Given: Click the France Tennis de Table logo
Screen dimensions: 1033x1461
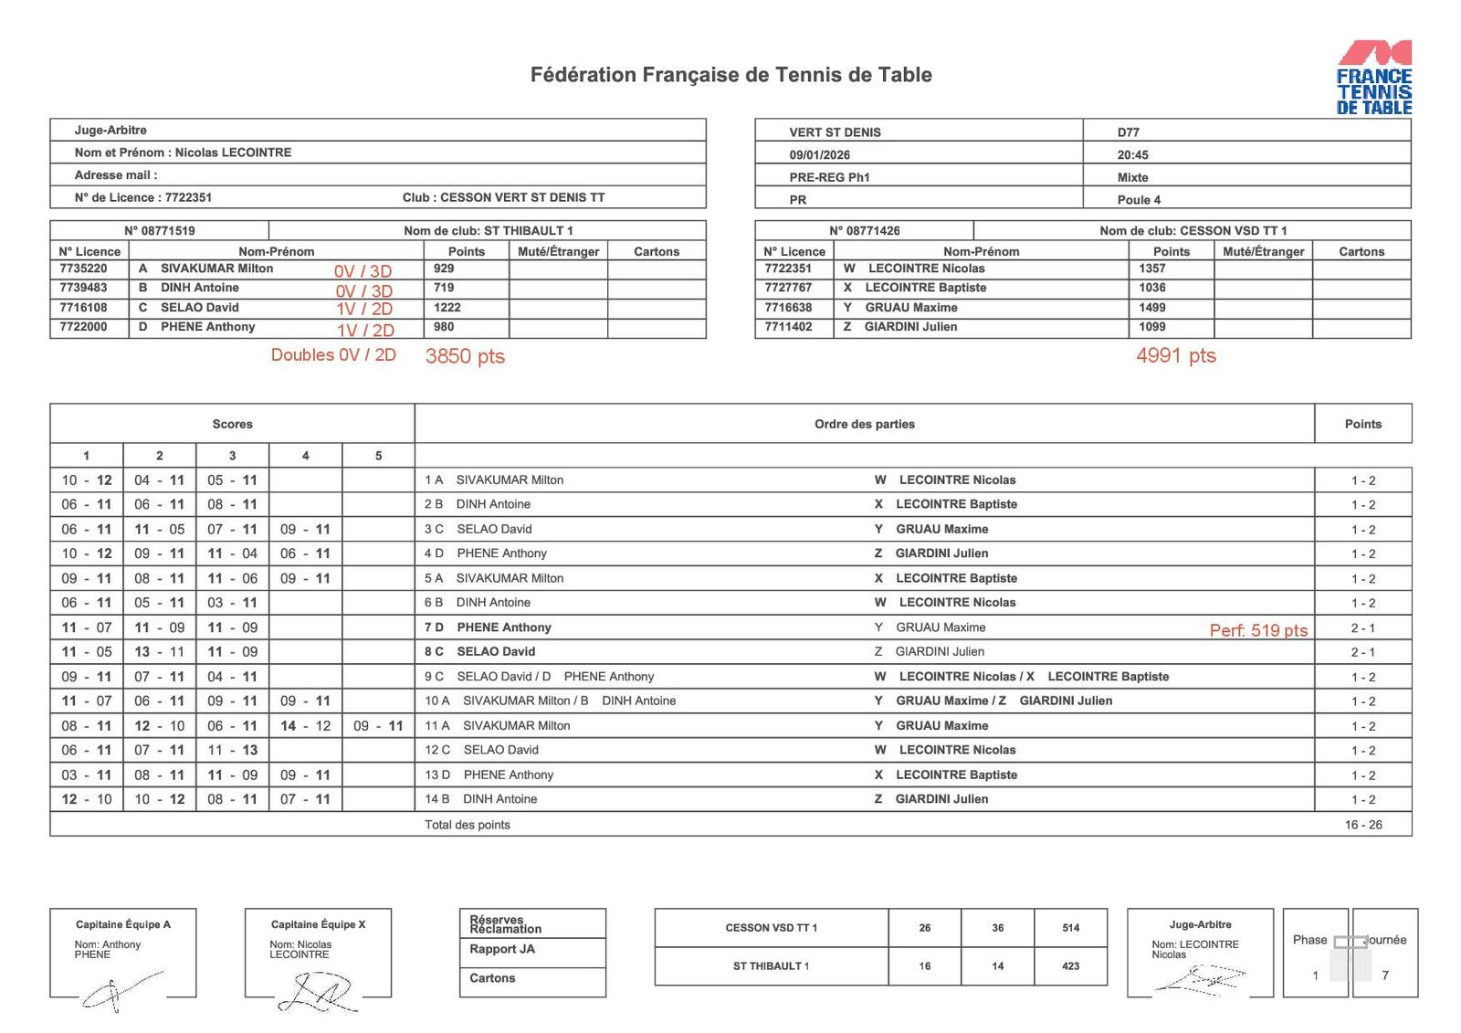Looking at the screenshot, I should pos(1373,78).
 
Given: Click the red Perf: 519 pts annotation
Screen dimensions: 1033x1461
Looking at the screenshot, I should pos(1258,630).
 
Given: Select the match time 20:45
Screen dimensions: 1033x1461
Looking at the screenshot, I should pos(1132,155).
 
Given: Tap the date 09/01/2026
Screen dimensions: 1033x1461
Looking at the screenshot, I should pos(819,155).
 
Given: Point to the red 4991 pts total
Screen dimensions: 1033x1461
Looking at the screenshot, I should pos(1175,355).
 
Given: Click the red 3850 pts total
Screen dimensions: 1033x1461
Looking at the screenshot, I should pos(465,356).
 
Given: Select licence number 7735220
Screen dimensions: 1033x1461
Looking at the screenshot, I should pos(83,269).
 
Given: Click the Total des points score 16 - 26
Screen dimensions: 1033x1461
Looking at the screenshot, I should pos(1362,825).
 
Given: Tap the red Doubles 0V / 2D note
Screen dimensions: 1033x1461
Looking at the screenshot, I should pos(333,354).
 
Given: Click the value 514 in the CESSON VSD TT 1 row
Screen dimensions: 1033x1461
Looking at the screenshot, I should pos(1070,928).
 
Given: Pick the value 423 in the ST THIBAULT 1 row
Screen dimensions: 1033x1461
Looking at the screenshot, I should pos(1070,966).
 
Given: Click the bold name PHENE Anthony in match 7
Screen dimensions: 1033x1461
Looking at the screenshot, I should pos(503,627).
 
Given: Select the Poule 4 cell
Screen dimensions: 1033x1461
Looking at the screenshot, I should pos(1139,200).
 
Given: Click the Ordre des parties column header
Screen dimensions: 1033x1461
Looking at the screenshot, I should pos(864,424).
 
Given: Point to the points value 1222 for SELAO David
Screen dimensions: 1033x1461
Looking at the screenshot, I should pos(447,307).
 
